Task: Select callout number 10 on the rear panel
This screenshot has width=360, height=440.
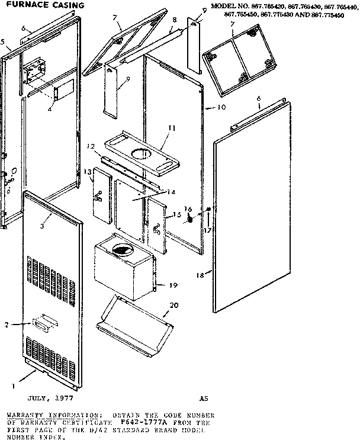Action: click(221, 108)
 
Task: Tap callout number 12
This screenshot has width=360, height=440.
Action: click(91, 146)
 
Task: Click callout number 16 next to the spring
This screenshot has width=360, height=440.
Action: click(188, 209)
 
